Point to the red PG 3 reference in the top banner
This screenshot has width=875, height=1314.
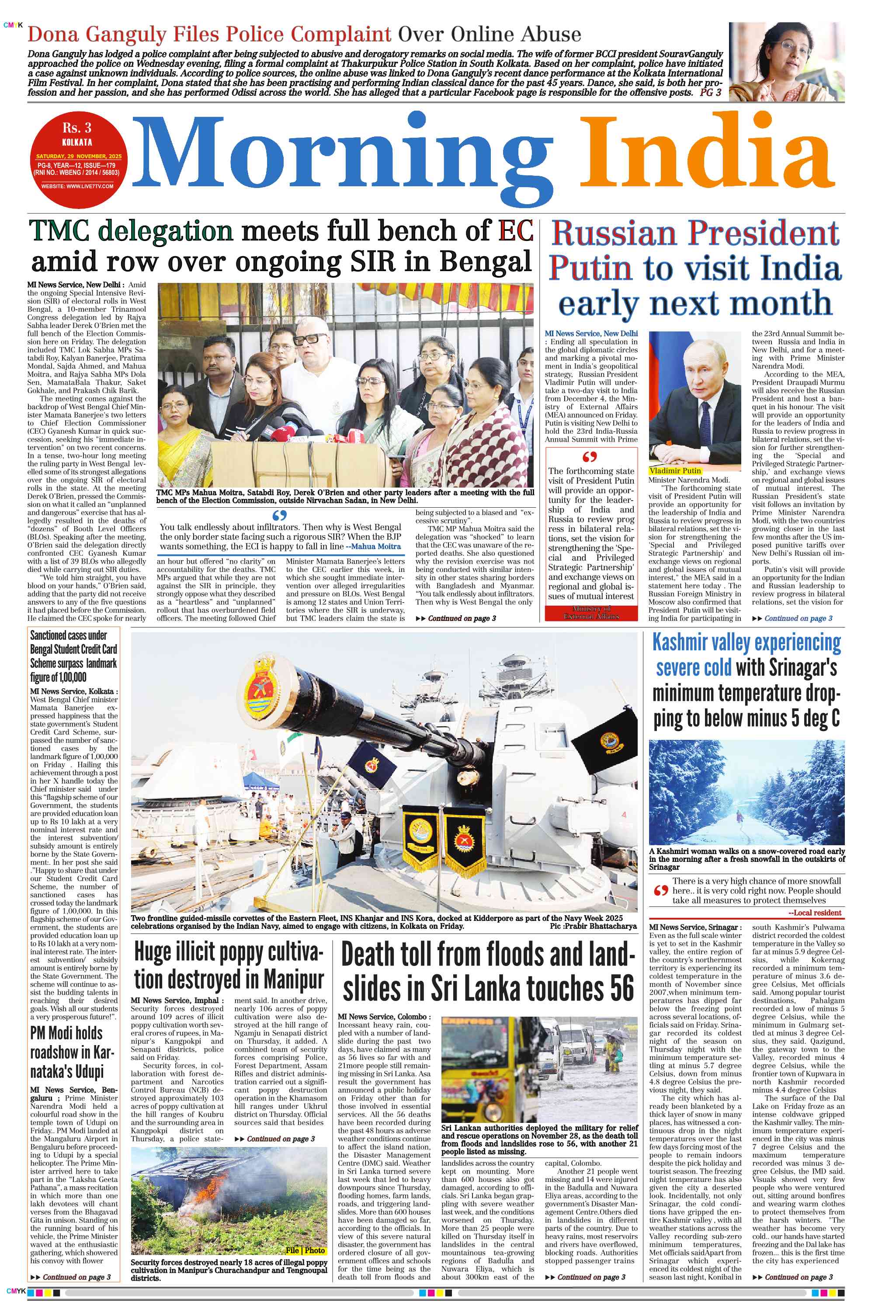[710, 93]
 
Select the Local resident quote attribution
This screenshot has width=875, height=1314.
[814, 913]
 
